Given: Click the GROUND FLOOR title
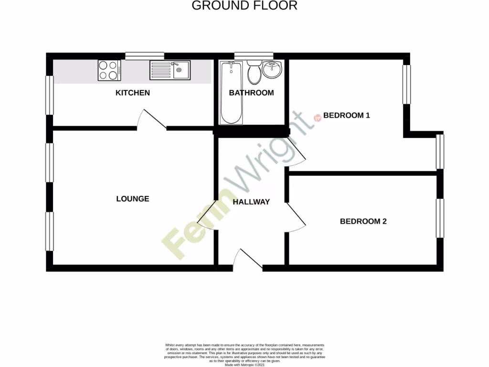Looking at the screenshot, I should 244,6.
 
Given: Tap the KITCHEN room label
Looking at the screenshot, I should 133,93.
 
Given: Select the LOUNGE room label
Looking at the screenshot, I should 133,199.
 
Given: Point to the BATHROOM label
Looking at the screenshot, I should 251,93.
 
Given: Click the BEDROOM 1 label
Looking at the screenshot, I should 347,115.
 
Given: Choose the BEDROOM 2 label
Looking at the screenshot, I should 363,221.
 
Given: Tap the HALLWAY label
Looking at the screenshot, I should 251,202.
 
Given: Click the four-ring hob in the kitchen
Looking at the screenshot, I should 109,71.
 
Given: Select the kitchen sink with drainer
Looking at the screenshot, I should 170,70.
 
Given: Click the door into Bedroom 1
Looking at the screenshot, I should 297,153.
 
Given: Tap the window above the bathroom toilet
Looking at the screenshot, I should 254,56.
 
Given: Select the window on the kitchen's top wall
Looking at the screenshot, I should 145,56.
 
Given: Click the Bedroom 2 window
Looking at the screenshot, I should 440,218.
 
